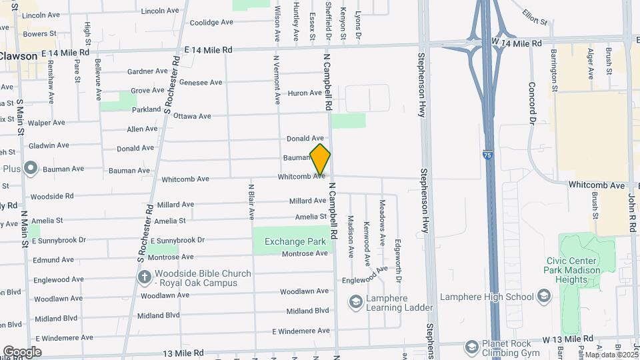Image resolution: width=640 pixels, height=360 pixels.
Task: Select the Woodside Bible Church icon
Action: click(143, 276)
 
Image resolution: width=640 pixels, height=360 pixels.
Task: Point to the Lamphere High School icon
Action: click(544, 297)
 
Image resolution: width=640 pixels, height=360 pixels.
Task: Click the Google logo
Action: click(22, 351)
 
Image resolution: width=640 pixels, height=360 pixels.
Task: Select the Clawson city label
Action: click(19, 56)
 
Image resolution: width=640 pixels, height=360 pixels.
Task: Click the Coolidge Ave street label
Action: click(211, 22)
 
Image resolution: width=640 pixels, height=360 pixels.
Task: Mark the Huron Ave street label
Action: click(305, 93)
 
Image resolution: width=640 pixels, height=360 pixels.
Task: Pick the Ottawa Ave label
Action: click(192, 116)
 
